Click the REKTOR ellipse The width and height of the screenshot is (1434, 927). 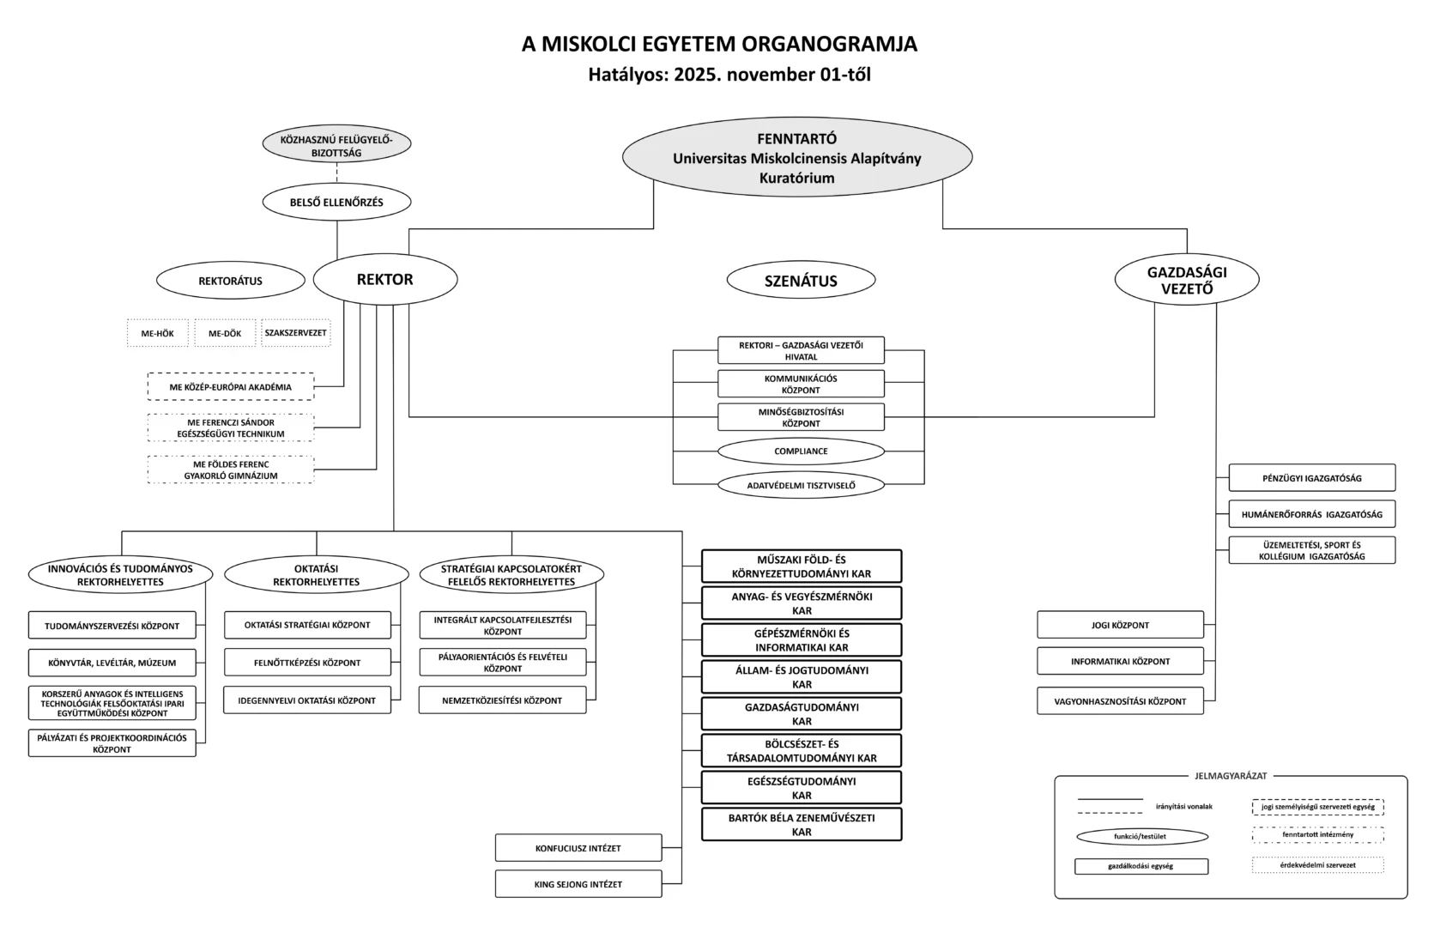385,280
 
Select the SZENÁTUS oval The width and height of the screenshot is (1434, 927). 801,281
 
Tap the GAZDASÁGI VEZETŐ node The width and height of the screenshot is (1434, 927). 1187,281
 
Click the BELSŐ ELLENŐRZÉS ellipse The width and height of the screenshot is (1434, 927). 336,203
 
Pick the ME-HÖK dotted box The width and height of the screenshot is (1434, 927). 158,333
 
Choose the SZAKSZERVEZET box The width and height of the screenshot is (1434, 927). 295,333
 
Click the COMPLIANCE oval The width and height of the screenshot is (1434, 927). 801,451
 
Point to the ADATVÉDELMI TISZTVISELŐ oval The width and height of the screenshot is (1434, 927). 801,486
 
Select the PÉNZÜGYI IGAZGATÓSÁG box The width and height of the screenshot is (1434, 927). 1311,478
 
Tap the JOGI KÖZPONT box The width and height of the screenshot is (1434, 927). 1120,625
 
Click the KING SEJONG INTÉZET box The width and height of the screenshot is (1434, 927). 578,884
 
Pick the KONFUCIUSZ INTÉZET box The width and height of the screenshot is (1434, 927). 578,848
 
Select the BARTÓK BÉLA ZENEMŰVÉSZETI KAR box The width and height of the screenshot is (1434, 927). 802,825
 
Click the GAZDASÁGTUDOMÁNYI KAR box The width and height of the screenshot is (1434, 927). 802,714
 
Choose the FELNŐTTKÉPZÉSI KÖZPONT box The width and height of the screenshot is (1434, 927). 307,663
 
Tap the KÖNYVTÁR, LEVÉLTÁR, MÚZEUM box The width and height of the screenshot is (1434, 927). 112,663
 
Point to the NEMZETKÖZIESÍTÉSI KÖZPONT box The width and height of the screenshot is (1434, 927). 502,700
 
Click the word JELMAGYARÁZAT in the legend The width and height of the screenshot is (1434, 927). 1231,776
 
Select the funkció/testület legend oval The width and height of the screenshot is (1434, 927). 1141,836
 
